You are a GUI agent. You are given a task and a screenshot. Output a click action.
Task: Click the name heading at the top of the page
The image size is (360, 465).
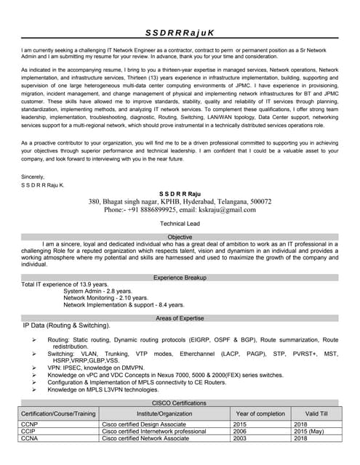tap(180, 33)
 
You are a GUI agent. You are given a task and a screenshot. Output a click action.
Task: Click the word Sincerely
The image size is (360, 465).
tap(33, 177)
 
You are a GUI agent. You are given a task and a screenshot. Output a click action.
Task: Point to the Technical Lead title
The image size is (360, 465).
tap(180, 224)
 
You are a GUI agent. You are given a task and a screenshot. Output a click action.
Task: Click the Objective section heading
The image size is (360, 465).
tap(180, 237)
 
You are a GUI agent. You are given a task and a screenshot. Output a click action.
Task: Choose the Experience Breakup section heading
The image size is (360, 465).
tap(180, 278)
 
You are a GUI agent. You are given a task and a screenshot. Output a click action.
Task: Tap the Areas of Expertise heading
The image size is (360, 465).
tap(180, 318)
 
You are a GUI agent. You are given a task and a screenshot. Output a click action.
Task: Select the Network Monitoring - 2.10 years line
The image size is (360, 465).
tap(105, 298)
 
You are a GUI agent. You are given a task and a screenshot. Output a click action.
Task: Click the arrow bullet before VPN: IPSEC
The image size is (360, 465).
tap(34, 368)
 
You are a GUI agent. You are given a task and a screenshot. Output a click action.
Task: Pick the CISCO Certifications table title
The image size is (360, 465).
tap(180, 403)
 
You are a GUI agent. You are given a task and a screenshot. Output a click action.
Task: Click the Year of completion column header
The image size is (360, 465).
tap(260, 413)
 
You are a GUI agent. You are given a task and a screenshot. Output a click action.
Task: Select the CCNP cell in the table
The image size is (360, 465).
tap(30, 424)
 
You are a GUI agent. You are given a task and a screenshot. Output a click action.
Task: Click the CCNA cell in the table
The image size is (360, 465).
tap(30, 438)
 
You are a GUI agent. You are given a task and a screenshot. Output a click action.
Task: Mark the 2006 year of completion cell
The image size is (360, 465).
tap(241, 431)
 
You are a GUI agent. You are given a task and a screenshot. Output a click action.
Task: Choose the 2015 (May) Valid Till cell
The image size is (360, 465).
tap(308, 431)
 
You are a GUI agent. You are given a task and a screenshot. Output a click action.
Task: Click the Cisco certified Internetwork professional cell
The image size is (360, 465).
tap(153, 431)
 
